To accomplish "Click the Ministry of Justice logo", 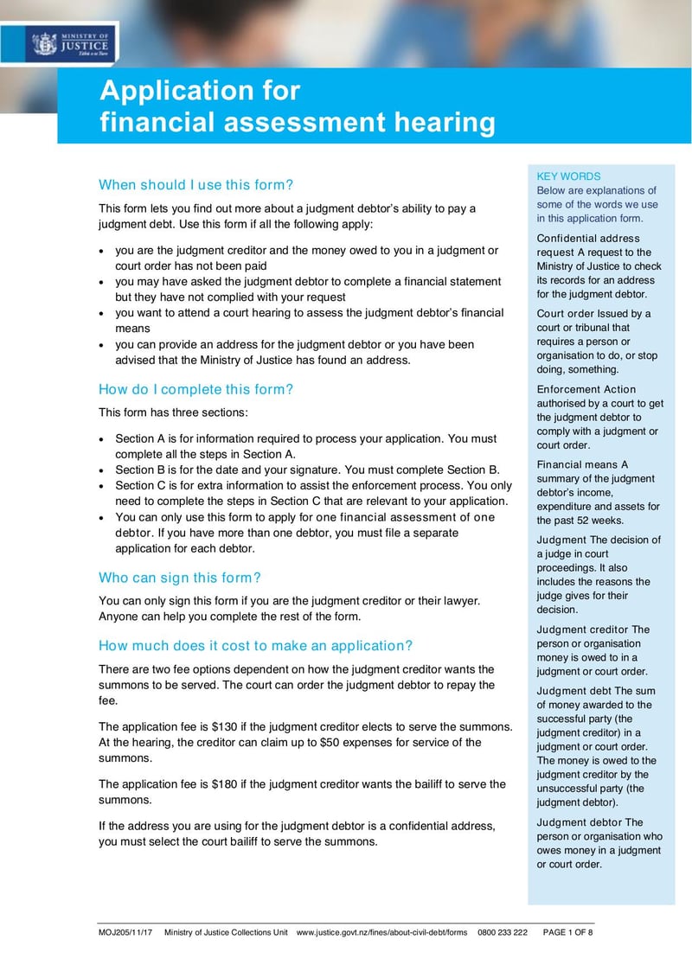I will pos(71,43).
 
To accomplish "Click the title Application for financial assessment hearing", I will pos(298,105).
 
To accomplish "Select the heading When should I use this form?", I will pos(196,184).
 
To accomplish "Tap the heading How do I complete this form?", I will pos(196,389).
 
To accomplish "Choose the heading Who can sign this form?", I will pos(180,578).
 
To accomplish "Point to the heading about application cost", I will pos(256,646).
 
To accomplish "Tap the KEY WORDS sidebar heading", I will pos(568,176).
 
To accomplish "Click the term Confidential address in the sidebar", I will pos(588,238).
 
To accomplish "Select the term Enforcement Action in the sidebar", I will pos(586,389).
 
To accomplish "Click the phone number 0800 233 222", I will pos(502,933).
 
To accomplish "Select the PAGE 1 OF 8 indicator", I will pos(567,933).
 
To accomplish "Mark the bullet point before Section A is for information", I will pos(104,439).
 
